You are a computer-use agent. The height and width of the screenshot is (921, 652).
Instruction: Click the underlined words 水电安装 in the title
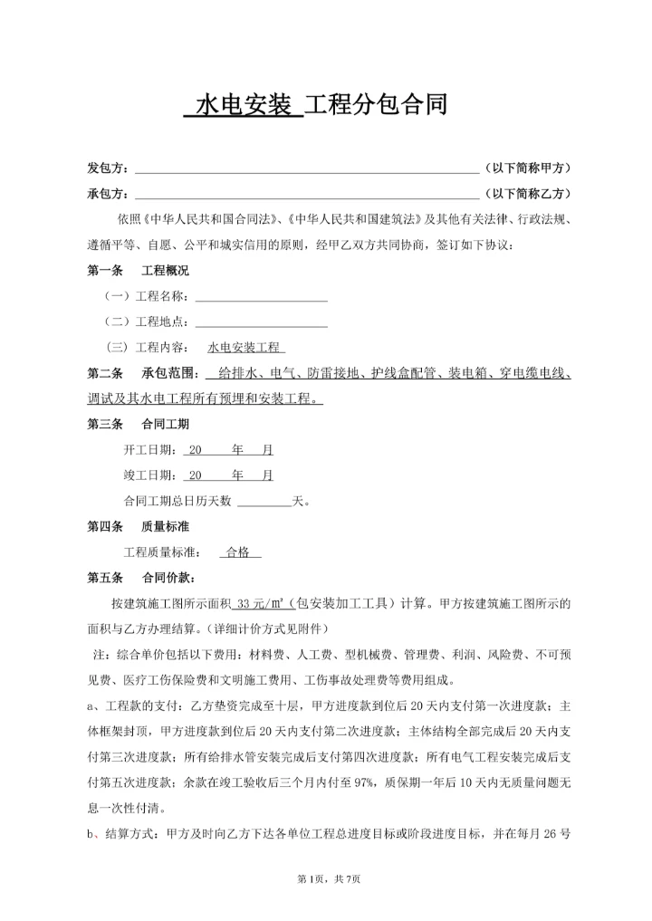tap(240, 105)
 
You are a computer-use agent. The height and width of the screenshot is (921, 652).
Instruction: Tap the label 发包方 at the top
tap(107, 168)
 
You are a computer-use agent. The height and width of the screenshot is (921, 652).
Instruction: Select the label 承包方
tap(107, 194)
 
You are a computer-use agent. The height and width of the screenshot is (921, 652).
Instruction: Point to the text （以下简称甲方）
tap(528, 168)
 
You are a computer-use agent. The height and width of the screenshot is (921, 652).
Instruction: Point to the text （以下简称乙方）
tap(528, 194)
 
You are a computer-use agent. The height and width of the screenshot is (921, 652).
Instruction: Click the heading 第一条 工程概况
tap(138, 271)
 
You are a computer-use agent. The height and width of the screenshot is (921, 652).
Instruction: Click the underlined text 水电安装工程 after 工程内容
tap(245, 347)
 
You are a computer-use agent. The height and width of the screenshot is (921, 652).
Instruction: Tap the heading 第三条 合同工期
tap(138, 424)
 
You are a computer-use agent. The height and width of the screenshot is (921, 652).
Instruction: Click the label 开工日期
tap(150, 449)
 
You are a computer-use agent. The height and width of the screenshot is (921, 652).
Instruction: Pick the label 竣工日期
tap(150, 475)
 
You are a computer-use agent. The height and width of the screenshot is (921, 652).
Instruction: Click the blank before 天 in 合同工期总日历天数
tap(264, 500)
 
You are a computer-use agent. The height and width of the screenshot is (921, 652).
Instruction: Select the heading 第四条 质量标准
tap(138, 526)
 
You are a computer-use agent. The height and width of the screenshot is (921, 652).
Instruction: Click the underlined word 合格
tap(240, 552)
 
